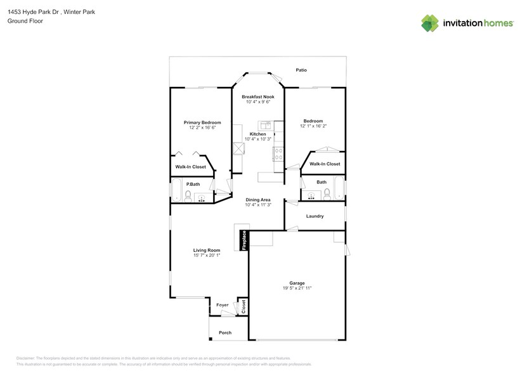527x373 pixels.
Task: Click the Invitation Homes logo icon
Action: coord(430,23)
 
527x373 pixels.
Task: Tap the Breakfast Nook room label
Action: coord(257,96)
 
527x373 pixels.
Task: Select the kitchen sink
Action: coord(264,125)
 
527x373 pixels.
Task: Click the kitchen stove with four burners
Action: coord(278,153)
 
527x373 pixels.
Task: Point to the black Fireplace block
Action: coord(244,241)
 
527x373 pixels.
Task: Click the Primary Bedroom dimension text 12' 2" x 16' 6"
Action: coord(202,128)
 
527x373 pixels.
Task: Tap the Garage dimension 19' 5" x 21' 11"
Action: coord(297,288)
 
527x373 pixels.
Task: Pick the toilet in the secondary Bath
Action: coord(327,195)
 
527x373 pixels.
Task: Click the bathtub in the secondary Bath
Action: coord(339,189)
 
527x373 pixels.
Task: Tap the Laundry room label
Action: coord(315,216)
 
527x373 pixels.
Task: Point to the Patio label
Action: coord(301,70)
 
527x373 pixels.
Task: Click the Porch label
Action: coord(225,332)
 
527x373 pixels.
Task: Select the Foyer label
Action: coord(222,305)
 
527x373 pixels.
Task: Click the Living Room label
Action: coord(207,250)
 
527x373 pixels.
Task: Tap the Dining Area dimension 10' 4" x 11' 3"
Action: coord(258,205)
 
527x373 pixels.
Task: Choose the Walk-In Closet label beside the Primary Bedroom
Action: coord(190,167)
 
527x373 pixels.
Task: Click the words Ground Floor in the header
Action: coord(23,21)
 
